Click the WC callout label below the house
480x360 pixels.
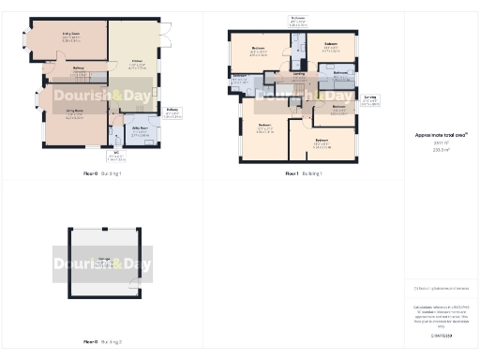[116, 156]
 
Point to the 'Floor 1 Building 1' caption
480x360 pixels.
[304, 174]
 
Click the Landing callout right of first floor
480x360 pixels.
[371, 97]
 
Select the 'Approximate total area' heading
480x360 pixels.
[441, 135]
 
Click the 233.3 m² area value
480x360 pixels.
[440, 149]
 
